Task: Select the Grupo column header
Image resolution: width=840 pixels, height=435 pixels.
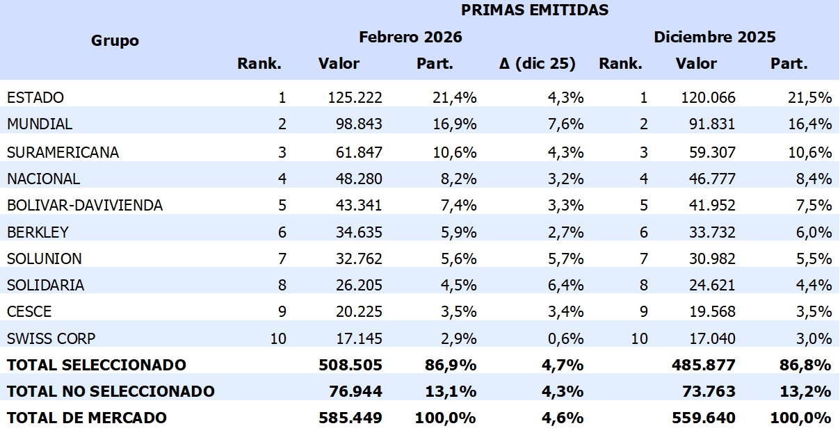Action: [115, 40]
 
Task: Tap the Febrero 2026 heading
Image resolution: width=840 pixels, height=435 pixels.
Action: [410, 37]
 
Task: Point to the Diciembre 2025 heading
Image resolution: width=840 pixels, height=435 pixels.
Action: [715, 37]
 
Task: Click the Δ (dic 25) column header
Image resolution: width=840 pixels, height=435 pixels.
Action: [538, 64]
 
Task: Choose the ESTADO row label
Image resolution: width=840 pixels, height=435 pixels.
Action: [35, 97]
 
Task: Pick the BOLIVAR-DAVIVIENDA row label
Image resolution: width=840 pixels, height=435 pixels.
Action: [85, 205]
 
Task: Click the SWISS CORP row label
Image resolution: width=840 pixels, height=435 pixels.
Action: [51, 338]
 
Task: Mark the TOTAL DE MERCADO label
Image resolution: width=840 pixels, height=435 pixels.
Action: [87, 418]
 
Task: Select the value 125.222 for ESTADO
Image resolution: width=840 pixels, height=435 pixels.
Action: [355, 97]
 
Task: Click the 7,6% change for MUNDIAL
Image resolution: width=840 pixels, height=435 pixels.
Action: [565, 124]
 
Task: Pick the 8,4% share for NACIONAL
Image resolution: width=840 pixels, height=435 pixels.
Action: [814, 179]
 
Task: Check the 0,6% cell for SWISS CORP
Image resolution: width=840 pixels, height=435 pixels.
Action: [565, 338]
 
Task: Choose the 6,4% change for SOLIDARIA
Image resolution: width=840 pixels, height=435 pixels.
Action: [565, 285]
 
